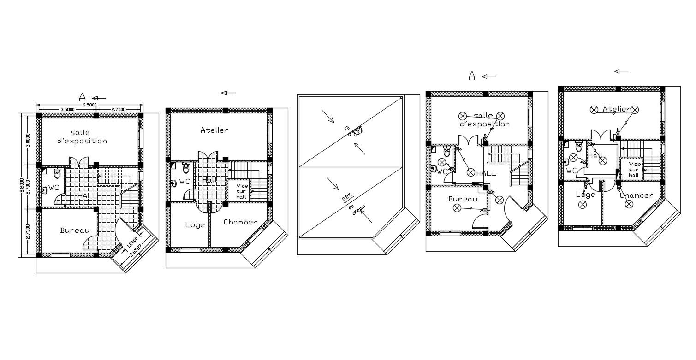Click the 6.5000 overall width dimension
(x=89, y=105)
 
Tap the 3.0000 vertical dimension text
(x=28, y=140)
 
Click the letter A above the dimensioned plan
(x=82, y=97)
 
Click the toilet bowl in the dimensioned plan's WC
(x=57, y=174)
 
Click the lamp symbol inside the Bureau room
(x=457, y=208)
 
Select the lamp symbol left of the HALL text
(x=470, y=172)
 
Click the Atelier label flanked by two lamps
(x=616, y=109)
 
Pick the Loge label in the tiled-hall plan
(x=195, y=225)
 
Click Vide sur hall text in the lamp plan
(x=635, y=169)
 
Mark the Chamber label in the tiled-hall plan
(x=240, y=222)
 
